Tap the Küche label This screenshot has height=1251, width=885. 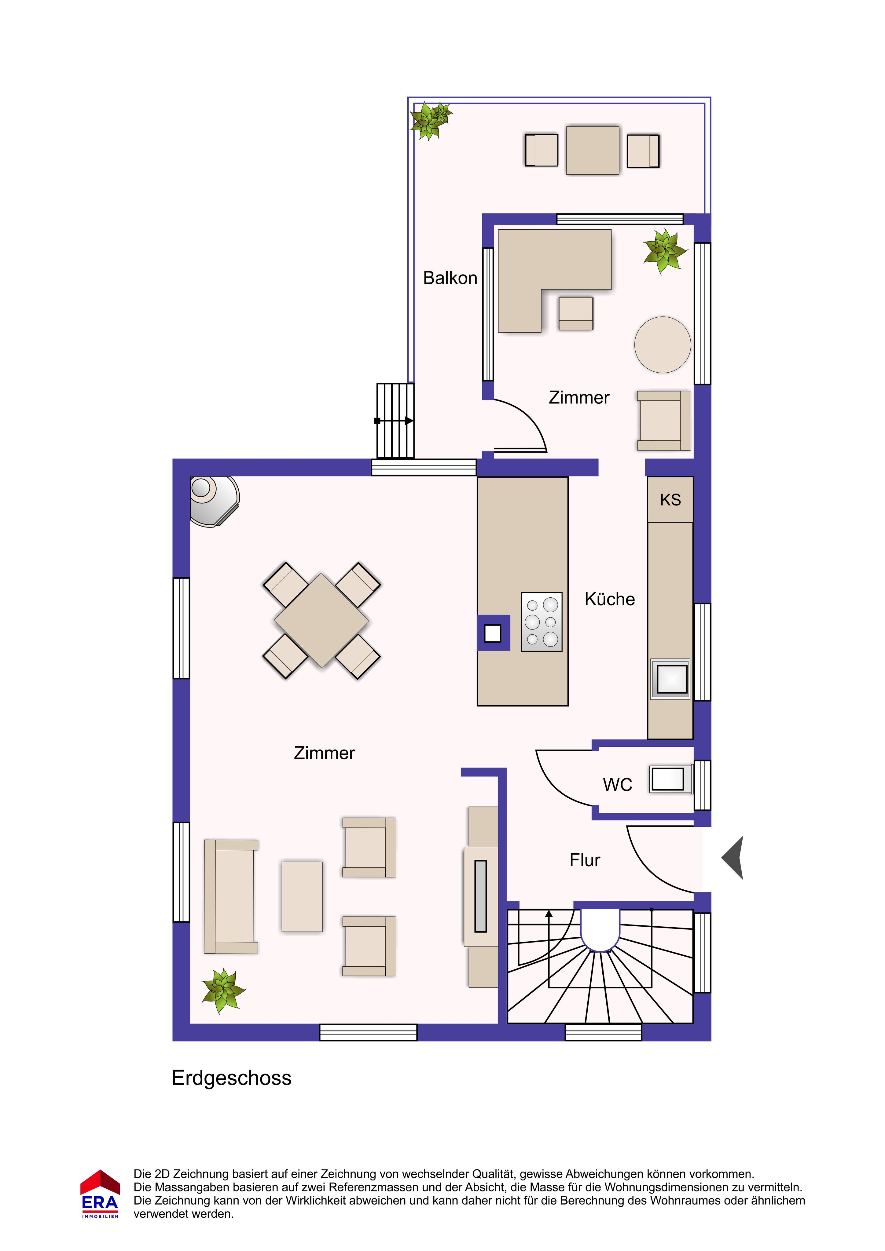pos(610,599)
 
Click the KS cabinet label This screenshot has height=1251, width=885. pos(670,500)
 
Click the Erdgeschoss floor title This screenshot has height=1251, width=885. pos(231,1078)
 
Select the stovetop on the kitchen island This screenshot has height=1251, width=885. pos(542,622)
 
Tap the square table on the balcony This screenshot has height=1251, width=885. pos(593,150)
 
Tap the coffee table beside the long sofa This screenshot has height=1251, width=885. pos(302,896)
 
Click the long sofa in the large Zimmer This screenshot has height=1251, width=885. pos(231,896)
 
